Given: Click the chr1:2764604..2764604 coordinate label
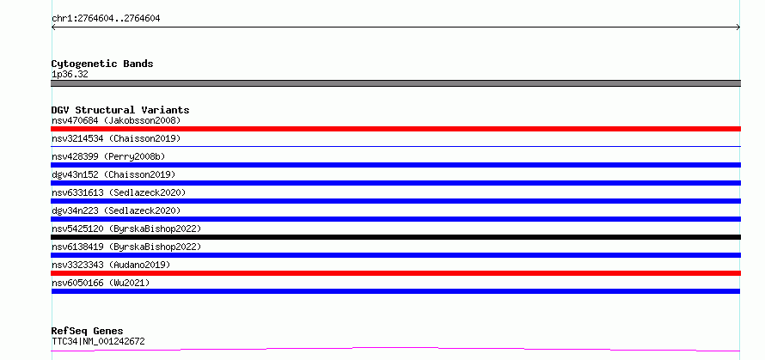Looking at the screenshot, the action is point(106,19).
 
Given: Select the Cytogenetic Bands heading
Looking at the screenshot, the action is point(102,64).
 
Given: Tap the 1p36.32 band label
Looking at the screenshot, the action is point(70,75).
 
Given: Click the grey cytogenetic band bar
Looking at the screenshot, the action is point(395,83).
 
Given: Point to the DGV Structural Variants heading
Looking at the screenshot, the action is point(120,110).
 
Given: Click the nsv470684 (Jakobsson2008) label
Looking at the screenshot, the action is point(116,120).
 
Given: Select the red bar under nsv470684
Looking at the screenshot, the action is point(395,129).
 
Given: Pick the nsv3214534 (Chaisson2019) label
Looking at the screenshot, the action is point(116,138).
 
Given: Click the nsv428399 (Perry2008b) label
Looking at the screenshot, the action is point(108,156).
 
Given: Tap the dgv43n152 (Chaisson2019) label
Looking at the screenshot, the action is point(113,174).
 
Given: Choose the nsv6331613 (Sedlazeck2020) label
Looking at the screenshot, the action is point(119,192).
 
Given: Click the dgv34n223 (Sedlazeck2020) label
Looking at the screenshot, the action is point(116,211).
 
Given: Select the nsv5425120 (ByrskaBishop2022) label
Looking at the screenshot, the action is point(126,229).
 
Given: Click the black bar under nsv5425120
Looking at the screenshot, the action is point(395,237).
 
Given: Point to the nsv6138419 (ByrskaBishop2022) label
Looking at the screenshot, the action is point(126,247).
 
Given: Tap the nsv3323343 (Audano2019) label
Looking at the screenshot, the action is point(111,265).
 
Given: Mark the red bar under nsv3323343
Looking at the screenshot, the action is point(395,273).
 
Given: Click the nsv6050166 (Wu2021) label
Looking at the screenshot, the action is point(101,283).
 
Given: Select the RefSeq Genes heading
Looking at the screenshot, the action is point(88,332).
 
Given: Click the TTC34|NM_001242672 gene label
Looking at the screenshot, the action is point(98,341).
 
